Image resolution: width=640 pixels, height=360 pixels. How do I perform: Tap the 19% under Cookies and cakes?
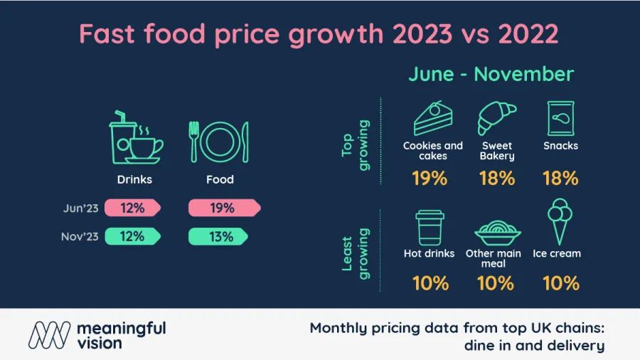(430, 179)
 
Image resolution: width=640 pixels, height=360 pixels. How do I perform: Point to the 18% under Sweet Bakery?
(496, 179)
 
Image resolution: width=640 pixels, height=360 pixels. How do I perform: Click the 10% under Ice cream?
(560, 282)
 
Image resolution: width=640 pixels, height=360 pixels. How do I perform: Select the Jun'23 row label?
(80, 208)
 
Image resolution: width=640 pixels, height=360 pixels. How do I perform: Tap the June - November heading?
(491, 74)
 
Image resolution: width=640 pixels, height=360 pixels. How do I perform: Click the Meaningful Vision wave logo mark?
(49, 334)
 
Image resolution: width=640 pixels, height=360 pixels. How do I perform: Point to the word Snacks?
(560, 146)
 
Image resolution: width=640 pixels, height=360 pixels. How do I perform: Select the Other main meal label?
(494, 258)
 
